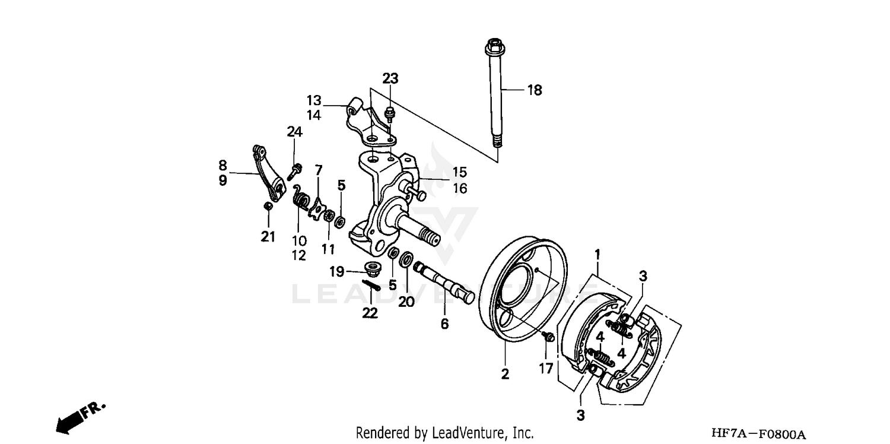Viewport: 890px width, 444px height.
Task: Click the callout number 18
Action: (x=535, y=90)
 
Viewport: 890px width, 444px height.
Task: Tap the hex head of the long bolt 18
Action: (x=493, y=46)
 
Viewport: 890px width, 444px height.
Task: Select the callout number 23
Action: (x=390, y=78)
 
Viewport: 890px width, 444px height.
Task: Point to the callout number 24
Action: (x=295, y=132)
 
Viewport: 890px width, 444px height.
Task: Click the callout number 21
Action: (x=268, y=237)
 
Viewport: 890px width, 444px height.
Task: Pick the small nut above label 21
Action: (x=268, y=205)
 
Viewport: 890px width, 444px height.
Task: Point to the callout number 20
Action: (x=406, y=302)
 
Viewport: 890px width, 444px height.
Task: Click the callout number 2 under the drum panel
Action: (x=505, y=374)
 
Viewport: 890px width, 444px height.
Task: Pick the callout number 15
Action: (x=460, y=172)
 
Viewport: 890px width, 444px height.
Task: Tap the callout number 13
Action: (x=314, y=99)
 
